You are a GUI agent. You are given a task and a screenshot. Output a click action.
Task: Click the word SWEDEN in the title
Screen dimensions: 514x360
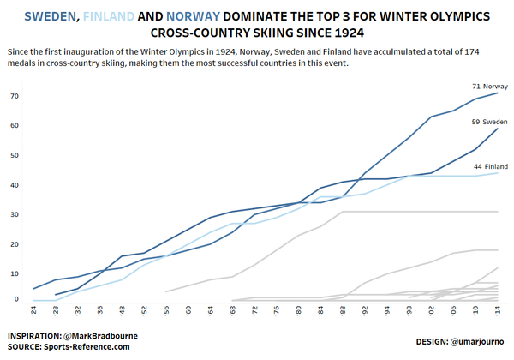[x=51, y=16]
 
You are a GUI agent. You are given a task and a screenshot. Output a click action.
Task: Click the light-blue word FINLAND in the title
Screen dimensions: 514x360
[x=109, y=16]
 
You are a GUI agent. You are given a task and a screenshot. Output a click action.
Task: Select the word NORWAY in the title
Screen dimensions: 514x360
[x=193, y=16]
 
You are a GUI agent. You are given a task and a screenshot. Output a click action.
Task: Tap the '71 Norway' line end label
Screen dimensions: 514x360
[x=490, y=87]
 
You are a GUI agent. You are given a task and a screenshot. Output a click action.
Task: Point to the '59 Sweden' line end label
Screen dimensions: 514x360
[x=489, y=122]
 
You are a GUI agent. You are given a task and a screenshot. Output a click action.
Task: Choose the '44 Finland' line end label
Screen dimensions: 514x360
[x=490, y=166]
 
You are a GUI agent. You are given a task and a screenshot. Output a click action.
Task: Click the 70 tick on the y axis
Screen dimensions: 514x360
[x=15, y=96]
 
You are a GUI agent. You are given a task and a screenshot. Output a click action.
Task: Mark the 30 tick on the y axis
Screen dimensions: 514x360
[x=15, y=215]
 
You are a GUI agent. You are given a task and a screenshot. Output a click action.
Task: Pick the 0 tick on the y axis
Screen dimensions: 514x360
[x=16, y=299]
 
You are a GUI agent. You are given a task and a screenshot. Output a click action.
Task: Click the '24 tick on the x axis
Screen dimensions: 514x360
[x=33, y=310]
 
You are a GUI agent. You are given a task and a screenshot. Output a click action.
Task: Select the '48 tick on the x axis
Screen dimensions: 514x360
[x=122, y=310]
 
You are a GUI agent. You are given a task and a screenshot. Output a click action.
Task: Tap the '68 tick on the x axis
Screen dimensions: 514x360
[x=232, y=310]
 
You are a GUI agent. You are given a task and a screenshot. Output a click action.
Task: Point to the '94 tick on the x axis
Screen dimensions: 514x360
[x=387, y=310]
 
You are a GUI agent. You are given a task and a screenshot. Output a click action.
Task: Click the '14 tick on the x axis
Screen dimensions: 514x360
[x=498, y=310]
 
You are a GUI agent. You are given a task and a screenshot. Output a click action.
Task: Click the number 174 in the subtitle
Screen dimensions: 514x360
[x=472, y=51]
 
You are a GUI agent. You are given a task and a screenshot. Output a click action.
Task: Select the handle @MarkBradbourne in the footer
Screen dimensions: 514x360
[x=100, y=336]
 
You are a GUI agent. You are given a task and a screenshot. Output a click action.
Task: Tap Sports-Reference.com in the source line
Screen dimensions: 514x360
[x=87, y=347]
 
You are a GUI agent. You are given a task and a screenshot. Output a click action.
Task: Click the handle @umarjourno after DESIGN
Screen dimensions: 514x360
[x=477, y=342]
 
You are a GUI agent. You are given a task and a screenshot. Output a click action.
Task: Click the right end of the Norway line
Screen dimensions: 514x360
[x=498, y=93]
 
